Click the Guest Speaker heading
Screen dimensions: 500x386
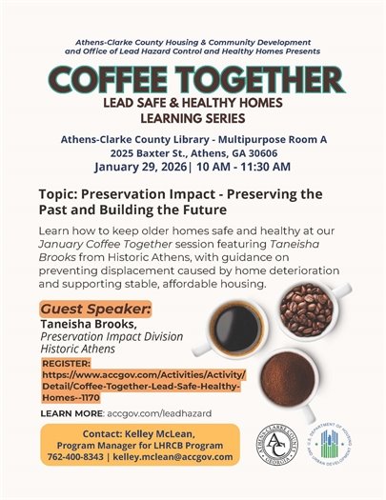[x=95, y=310]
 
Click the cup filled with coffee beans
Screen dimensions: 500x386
[x=306, y=305]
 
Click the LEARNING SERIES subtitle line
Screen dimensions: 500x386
[x=194, y=119]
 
